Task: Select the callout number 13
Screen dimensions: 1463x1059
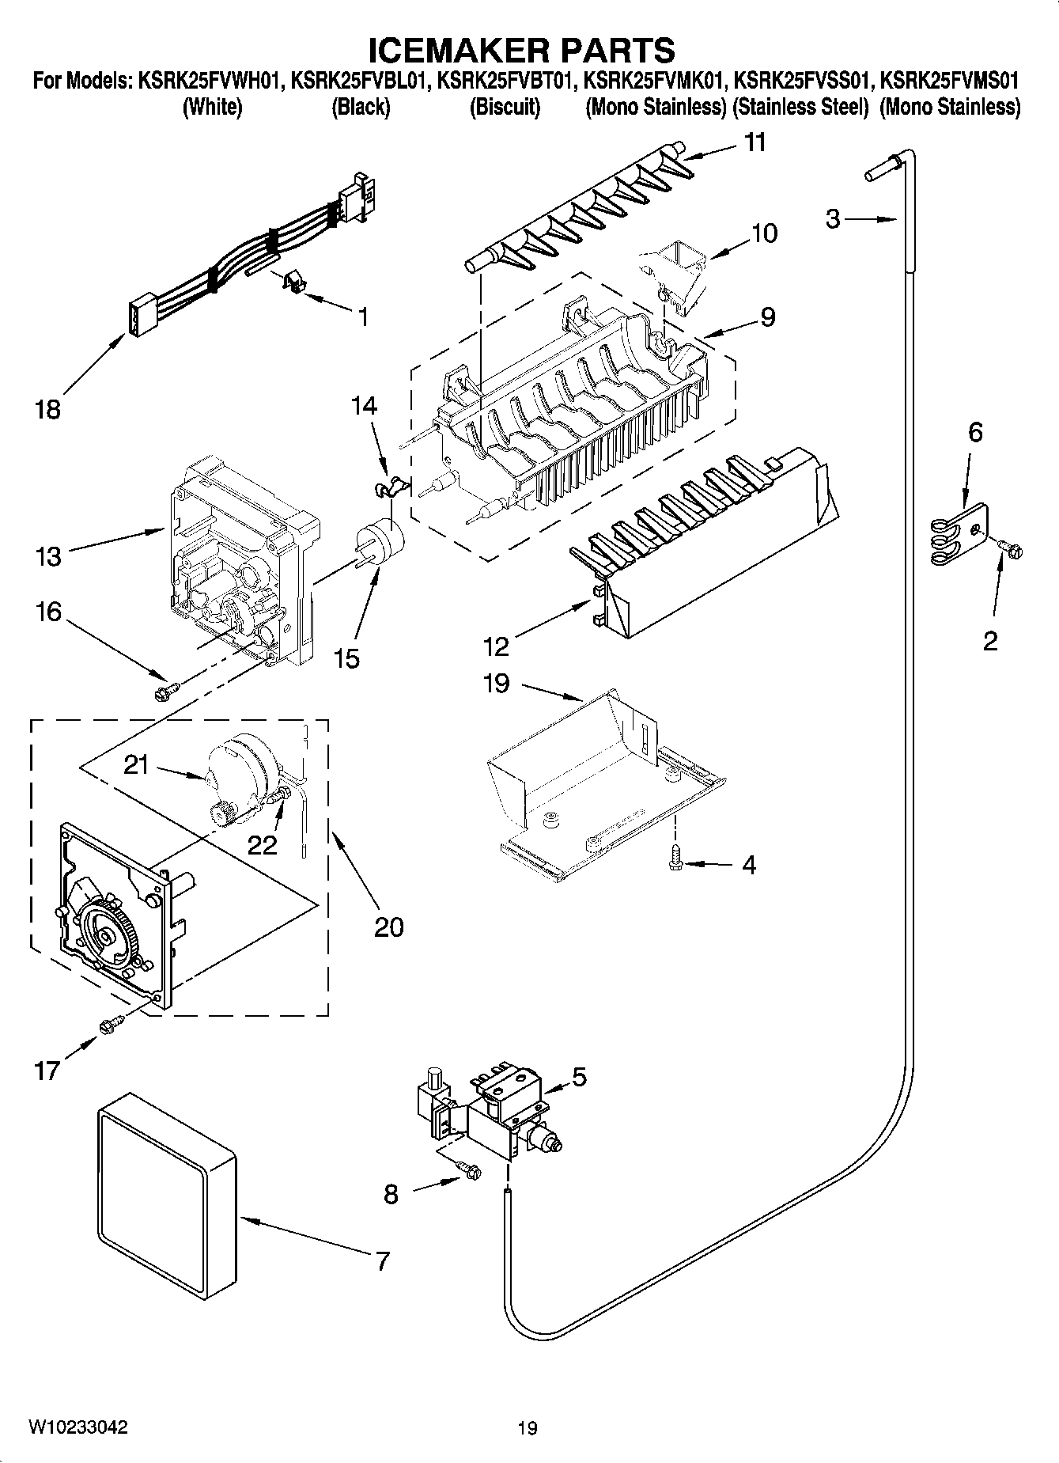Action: coord(48,556)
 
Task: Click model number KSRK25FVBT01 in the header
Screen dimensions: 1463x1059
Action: coord(503,80)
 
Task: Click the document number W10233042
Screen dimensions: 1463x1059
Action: coord(78,1427)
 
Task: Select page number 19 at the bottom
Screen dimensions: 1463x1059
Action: coord(528,1427)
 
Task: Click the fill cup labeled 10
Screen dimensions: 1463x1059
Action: coord(675,273)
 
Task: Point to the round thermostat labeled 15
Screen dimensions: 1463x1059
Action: coord(379,541)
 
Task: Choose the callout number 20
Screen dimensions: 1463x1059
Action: coord(389,927)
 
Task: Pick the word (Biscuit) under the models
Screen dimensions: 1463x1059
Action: coord(505,107)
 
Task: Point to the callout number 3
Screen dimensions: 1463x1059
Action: coord(833,219)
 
